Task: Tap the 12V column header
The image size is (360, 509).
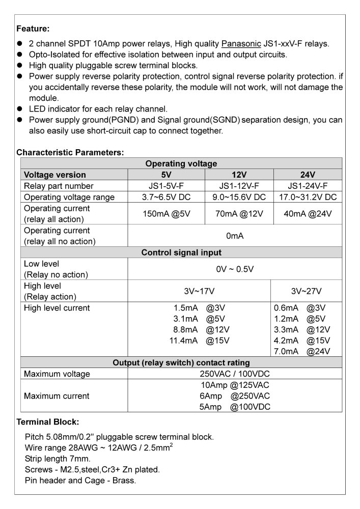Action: point(239,175)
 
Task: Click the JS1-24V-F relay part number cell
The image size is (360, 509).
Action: point(308,186)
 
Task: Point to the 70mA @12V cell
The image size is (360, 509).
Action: point(239,214)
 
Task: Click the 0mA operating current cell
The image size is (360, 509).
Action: point(235,236)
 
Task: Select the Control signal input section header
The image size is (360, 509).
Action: point(181,252)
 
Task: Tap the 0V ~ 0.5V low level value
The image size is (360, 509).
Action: point(235,269)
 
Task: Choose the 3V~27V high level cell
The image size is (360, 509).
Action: point(306,291)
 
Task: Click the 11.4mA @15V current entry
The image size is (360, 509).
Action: point(201,341)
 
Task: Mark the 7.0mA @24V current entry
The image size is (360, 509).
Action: point(302,351)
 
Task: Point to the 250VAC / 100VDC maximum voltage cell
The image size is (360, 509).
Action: point(235,374)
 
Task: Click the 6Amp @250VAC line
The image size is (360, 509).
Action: point(235,396)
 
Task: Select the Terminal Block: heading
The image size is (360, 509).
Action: point(48,422)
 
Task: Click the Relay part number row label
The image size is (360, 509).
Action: point(59,186)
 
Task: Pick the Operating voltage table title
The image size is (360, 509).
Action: point(181,163)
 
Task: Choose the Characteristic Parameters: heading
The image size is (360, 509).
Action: point(70,152)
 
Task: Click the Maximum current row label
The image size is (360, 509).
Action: point(57,396)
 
